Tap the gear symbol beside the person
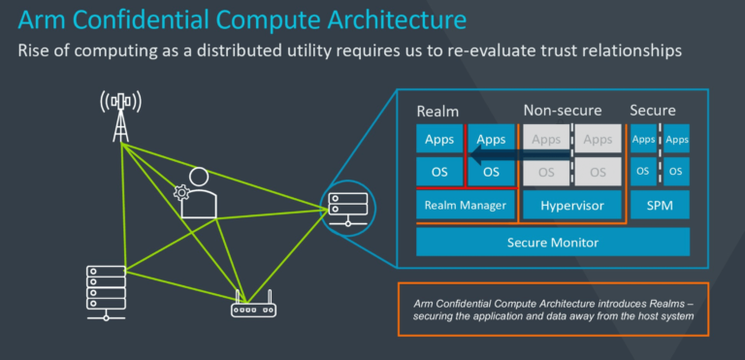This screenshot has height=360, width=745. [181, 192]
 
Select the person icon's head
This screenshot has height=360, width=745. [199, 178]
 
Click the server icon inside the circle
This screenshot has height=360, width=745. [347, 206]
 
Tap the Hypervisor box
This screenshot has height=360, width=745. [571, 206]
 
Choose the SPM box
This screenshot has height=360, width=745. [660, 206]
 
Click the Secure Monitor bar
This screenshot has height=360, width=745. [552, 243]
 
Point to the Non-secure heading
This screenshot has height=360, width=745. [563, 111]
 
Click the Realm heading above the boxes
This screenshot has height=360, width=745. [437, 111]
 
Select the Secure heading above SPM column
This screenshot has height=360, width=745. [653, 111]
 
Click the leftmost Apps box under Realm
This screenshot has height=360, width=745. [439, 140]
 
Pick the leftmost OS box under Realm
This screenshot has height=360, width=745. [439, 172]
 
